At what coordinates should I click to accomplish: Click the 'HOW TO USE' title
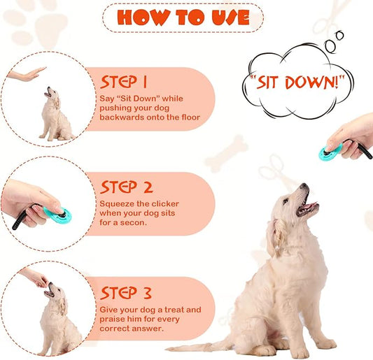183,17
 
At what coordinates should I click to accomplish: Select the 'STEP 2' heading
127,187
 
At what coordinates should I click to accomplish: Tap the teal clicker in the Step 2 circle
57,213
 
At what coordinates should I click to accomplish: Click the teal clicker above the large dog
330,150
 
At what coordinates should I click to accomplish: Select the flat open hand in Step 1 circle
28,73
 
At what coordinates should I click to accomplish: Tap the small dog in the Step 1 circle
55,115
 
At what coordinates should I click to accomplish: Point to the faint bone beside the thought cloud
226,152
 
